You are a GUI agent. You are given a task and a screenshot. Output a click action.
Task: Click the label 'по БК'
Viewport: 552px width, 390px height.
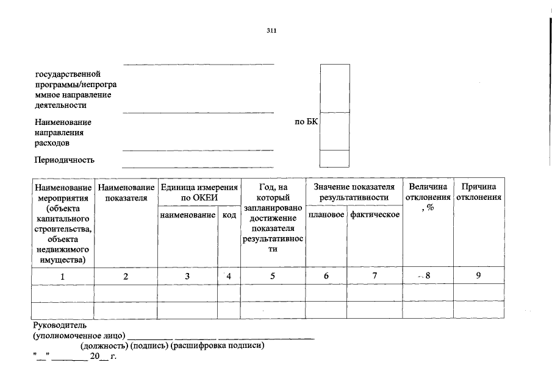pyautogui.click(x=306, y=122)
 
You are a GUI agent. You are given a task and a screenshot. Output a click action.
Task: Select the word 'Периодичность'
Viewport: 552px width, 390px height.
pyautogui.click(x=65, y=160)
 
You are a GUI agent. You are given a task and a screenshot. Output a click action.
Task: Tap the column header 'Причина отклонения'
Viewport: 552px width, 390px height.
pyautogui.click(x=479, y=192)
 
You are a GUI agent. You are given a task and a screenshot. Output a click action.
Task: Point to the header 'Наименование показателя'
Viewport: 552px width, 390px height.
pyautogui.click(x=126, y=192)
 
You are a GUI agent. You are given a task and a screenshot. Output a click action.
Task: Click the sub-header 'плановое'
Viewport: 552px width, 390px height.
pyautogui.click(x=326, y=214)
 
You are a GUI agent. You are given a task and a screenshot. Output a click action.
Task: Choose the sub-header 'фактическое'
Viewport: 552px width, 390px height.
pyautogui.click(x=375, y=214)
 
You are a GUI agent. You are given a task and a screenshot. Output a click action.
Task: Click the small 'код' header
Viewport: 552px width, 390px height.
pyautogui.click(x=229, y=215)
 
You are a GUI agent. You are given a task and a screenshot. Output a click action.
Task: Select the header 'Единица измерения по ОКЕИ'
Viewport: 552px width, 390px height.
pyautogui.click(x=198, y=192)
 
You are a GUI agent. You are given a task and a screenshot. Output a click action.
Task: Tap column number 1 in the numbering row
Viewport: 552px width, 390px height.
pyautogui.click(x=62, y=276)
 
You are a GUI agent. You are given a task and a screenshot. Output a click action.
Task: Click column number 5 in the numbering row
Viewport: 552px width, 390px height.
pyautogui.click(x=273, y=276)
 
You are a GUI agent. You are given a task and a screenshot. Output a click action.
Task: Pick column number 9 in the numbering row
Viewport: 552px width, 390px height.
pyautogui.click(x=479, y=276)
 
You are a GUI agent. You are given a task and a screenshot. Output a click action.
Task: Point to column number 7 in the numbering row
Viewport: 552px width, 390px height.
pyautogui.click(x=375, y=276)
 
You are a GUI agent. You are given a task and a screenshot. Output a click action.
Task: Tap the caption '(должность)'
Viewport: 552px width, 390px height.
pyautogui.click(x=103, y=346)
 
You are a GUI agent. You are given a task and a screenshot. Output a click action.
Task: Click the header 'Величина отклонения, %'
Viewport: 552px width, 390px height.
pyautogui.click(x=428, y=197)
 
